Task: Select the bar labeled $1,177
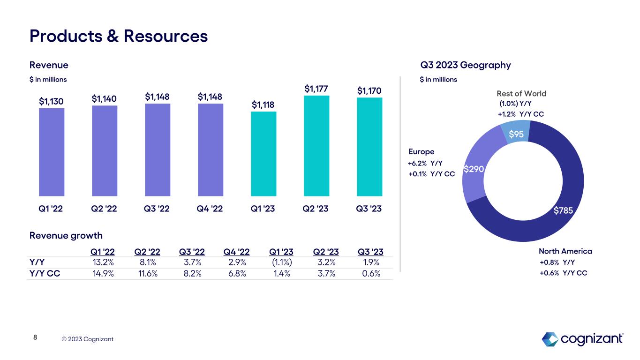coord(316,146)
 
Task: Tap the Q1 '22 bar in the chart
coord(52,152)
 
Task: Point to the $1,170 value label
coord(369,90)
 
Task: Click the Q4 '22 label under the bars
coord(210,209)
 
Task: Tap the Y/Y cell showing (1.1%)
coord(281,262)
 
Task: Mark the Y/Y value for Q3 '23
coord(371,262)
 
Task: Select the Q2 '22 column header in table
coord(147,252)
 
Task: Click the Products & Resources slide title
coord(119,36)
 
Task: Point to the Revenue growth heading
coord(66,235)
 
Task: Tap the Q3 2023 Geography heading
coord(466,65)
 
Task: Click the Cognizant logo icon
coord(550,338)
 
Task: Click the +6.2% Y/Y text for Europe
coord(425,163)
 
